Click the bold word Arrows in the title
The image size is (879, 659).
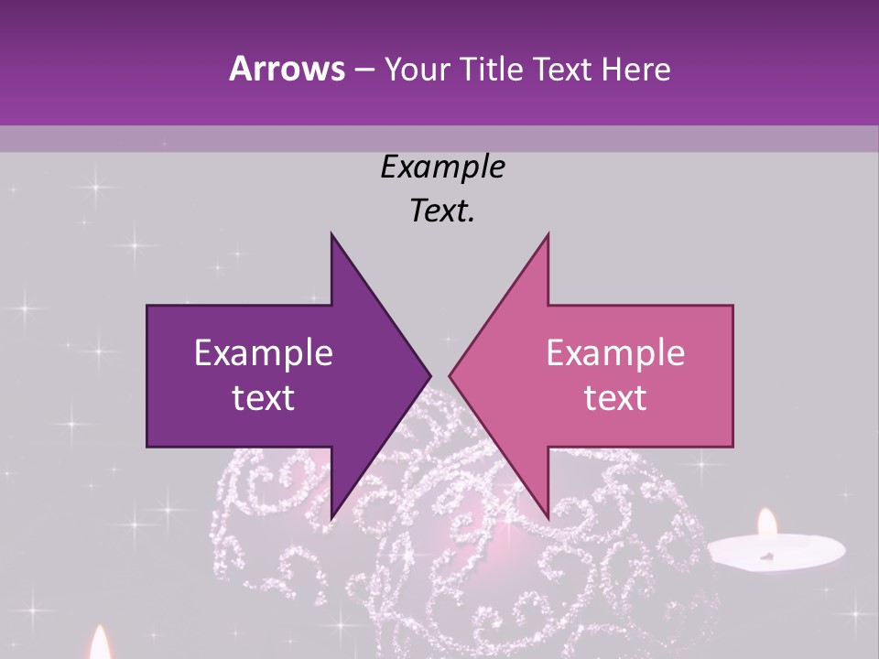(287, 70)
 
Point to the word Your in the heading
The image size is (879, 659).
(417, 70)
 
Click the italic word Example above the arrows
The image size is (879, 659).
(443, 167)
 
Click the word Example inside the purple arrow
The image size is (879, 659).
(264, 353)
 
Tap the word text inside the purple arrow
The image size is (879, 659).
(264, 398)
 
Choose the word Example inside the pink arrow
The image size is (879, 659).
(615, 353)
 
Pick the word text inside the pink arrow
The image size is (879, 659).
(615, 398)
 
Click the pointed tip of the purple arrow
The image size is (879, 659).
(429, 375)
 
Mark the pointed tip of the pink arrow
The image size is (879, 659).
(450, 375)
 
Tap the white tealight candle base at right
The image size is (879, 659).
(776, 552)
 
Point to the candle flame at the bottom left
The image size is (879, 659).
(100, 643)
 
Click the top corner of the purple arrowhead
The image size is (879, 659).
(331, 234)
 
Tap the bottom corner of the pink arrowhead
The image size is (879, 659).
(548, 518)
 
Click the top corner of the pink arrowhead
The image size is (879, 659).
(548, 234)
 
